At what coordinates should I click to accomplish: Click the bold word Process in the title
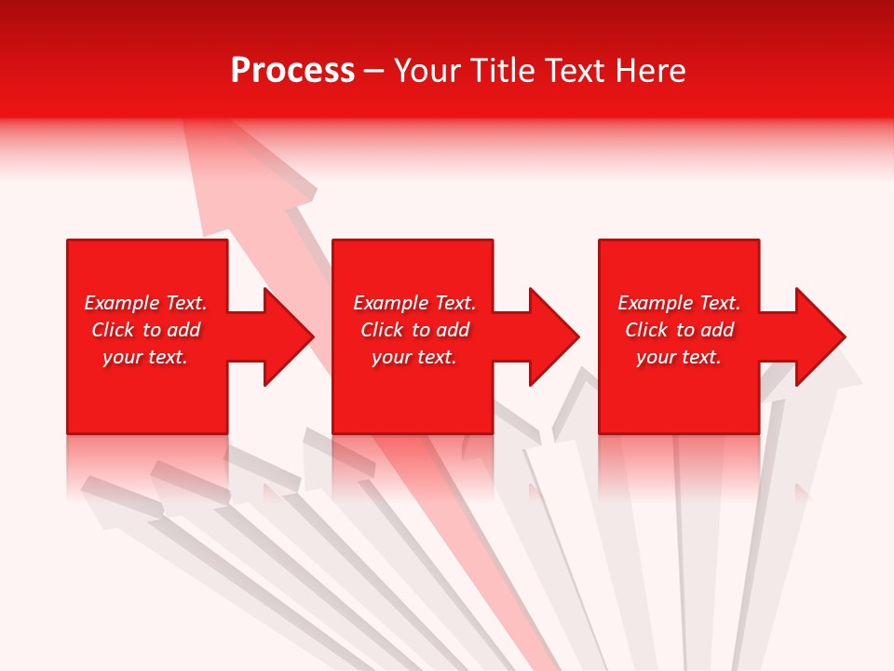(x=292, y=71)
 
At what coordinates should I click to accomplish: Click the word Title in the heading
(x=502, y=71)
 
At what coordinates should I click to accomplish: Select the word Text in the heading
(x=577, y=71)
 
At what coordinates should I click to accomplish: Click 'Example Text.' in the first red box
(x=145, y=303)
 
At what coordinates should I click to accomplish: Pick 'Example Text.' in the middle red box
(x=414, y=303)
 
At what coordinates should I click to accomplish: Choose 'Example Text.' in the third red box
(x=679, y=303)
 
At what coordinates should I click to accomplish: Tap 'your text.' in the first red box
(x=145, y=357)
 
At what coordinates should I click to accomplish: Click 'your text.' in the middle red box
(x=414, y=357)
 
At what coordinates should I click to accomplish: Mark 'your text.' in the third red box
(x=679, y=357)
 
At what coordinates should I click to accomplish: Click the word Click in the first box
(x=113, y=330)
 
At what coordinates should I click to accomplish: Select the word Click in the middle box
(x=382, y=330)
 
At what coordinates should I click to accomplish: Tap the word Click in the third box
(x=646, y=330)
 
